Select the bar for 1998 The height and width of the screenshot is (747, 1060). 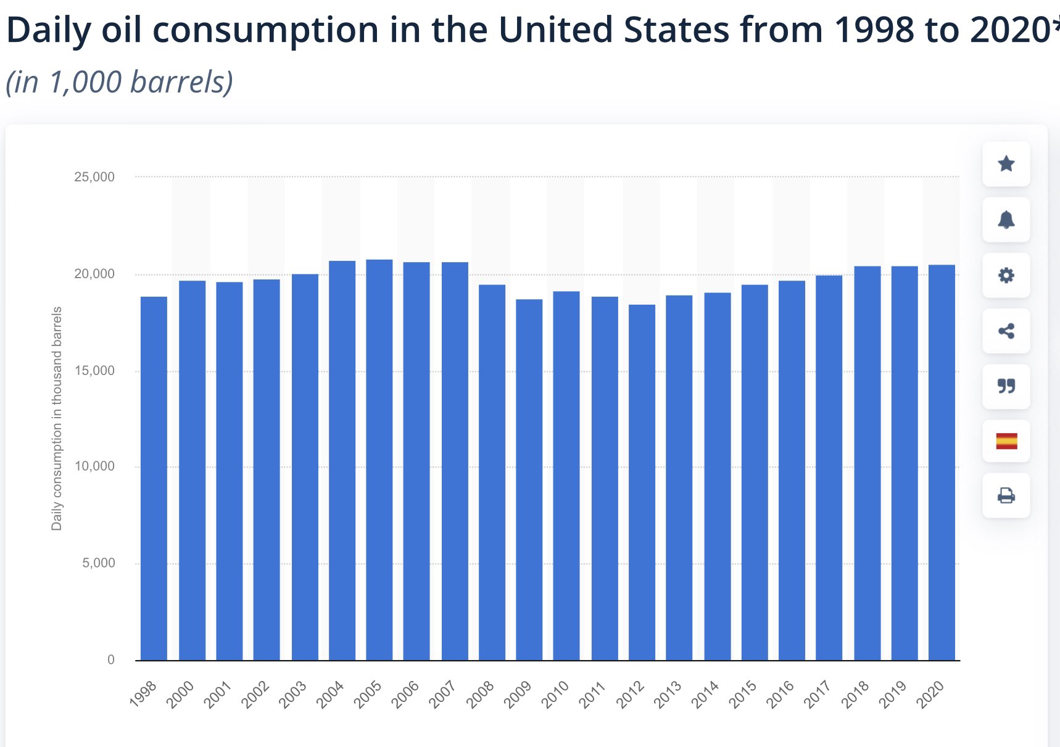coord(154,478)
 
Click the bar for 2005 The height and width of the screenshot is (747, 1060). coord(379,460)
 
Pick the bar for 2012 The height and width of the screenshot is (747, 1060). coord(642,482)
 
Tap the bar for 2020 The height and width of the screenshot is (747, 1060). coord(942,462)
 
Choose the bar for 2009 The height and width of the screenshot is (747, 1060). coord(529,479)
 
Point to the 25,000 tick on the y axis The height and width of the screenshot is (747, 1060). coord(94,177)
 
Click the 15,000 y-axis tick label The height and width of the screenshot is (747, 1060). coord(94,371)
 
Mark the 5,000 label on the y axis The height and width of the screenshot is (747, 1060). coord(99,563)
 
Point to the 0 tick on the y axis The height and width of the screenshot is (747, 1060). coord(111,659)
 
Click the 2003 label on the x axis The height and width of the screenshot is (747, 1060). coord(293,695)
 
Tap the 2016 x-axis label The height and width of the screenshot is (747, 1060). coord(781,695)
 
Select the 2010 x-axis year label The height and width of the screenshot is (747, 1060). coord(555,695)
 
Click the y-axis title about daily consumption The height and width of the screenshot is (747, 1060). coord(57,418)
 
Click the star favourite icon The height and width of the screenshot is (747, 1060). coord(1006,164)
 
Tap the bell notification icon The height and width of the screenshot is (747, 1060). coord(1006,220)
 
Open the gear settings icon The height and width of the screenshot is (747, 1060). coord(1006,275)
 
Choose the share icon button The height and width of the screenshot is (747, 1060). coord(1006,331)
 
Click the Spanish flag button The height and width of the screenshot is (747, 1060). coord(1006,441)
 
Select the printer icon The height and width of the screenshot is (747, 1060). coord(1006,495)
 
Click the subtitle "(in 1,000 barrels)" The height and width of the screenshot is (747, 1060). coord(120,82)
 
